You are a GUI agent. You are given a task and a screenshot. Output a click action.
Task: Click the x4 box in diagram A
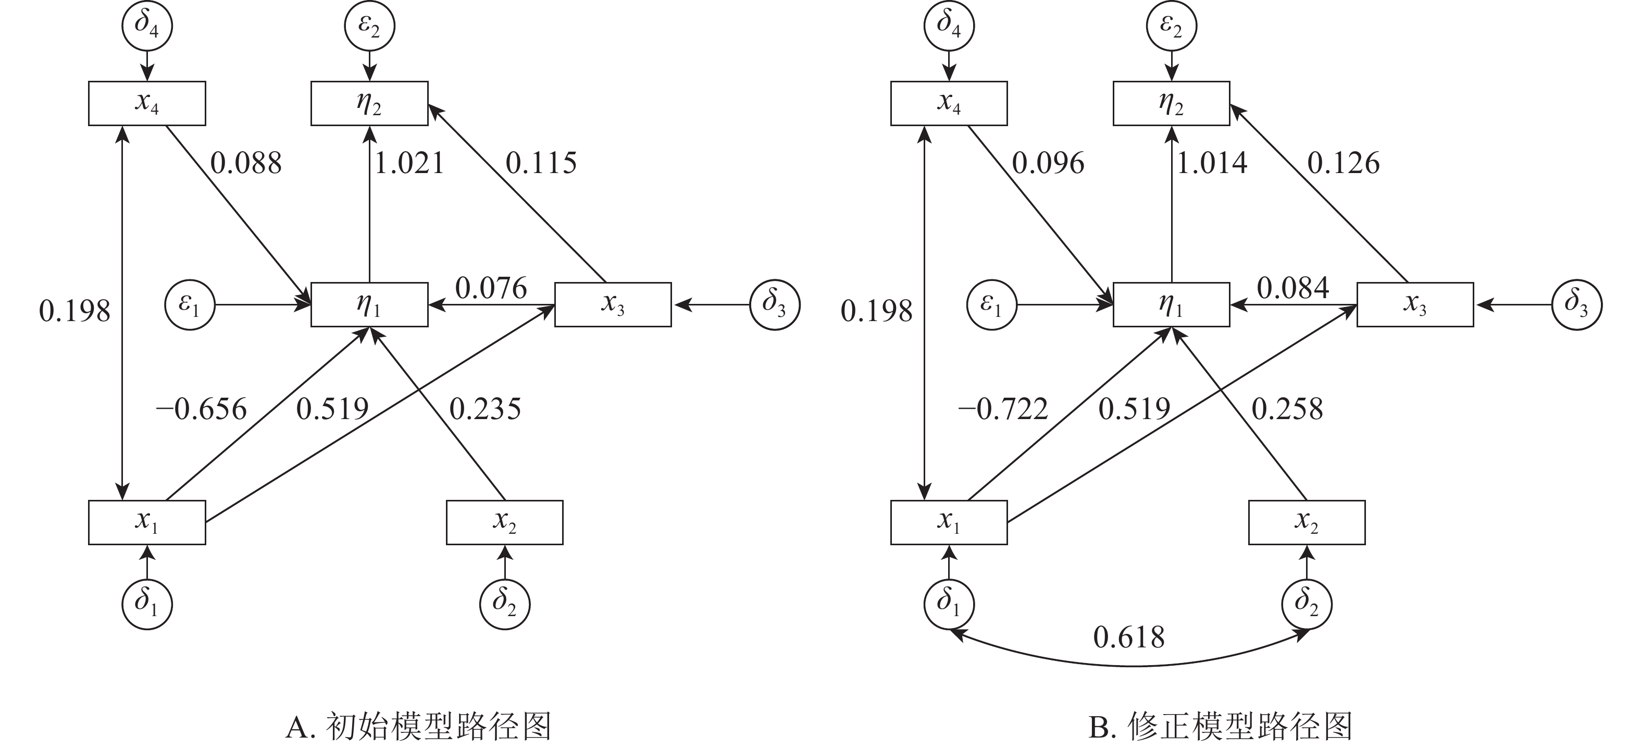146,103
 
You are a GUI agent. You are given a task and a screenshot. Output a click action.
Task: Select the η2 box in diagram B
1171,103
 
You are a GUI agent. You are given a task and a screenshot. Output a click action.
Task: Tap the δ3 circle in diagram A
775,304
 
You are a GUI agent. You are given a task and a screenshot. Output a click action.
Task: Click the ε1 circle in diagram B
991,304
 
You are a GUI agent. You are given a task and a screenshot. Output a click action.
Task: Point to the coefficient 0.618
1129,637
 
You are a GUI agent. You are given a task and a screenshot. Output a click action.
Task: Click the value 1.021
409,163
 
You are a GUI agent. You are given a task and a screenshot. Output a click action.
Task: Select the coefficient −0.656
201,409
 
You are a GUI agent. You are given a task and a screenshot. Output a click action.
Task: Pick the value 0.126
1343,163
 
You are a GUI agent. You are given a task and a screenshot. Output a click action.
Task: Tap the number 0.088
246,163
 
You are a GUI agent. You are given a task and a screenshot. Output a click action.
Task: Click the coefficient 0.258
1287,409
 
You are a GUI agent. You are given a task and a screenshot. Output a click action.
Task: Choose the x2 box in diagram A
504,522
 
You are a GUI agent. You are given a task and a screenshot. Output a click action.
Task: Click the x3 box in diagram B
1414,304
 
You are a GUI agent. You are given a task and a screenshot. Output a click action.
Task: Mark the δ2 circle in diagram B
1306,604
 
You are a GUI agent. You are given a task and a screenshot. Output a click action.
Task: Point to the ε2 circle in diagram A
369,26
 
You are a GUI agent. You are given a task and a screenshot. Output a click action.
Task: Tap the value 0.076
491,288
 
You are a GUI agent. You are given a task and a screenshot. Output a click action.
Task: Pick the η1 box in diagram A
369,304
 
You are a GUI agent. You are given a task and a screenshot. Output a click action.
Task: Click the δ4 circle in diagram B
949,26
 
